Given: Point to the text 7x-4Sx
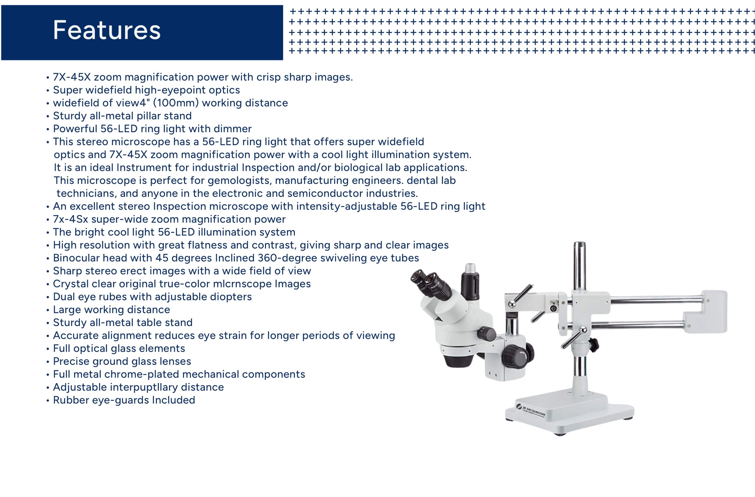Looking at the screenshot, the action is point(70,219).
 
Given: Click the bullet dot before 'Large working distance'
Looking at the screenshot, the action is point(47,310).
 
